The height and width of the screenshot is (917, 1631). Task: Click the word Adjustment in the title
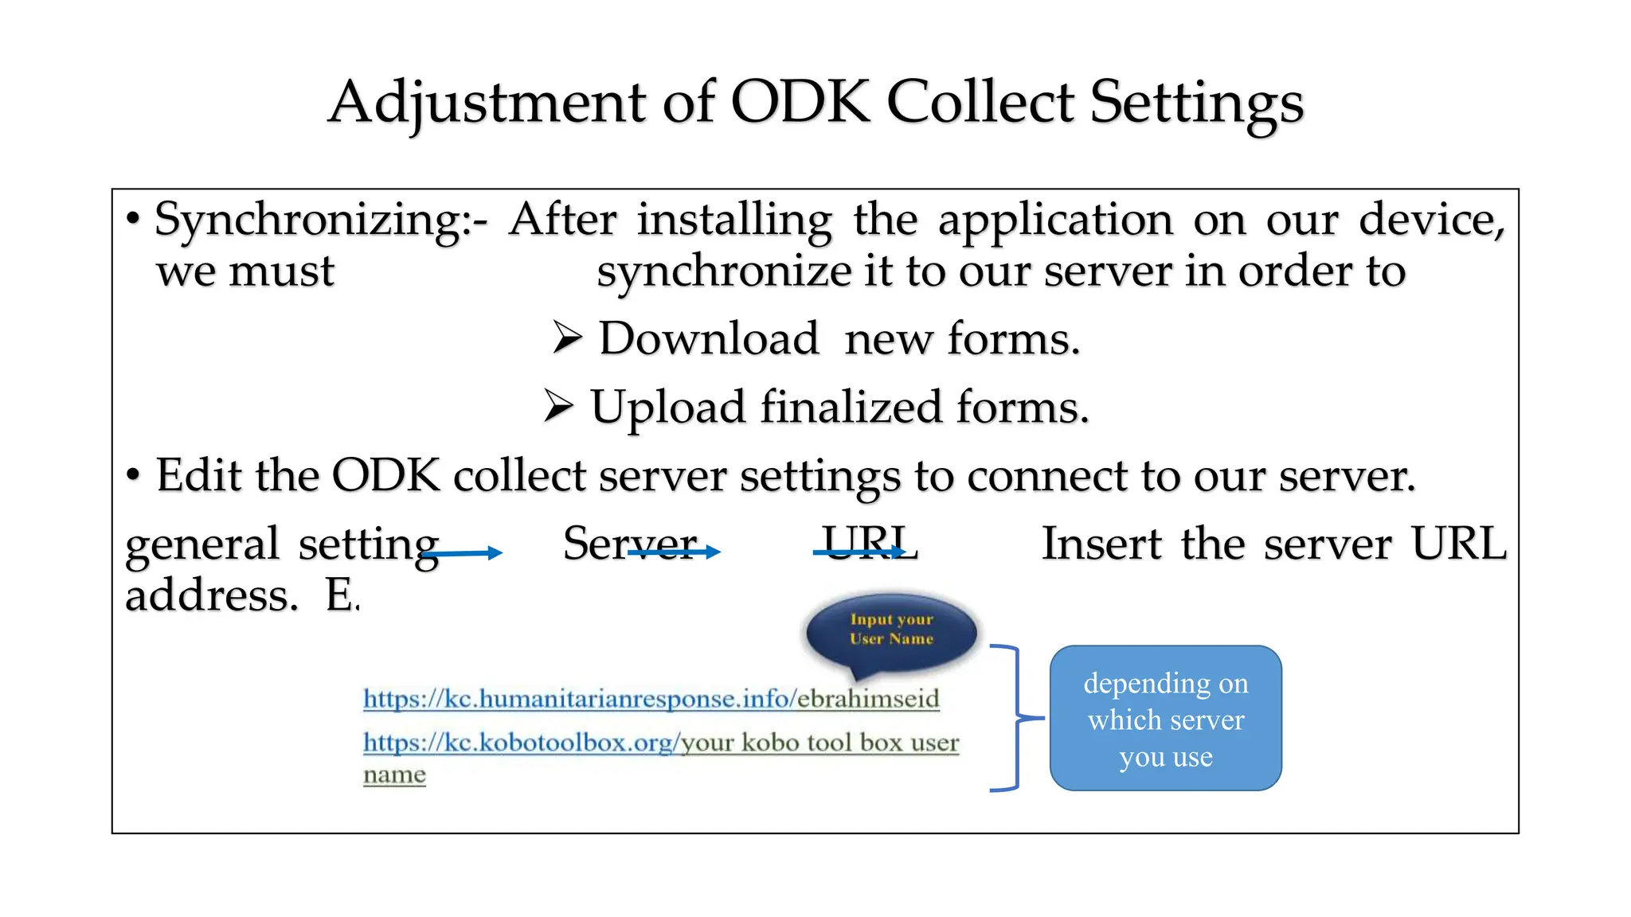(487, 103)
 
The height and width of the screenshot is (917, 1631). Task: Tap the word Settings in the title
(1196, 103)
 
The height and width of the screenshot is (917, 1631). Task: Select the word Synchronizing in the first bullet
(307, 220)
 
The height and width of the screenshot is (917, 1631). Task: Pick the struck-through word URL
(870, 544)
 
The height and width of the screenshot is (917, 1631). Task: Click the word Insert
(1102, 544)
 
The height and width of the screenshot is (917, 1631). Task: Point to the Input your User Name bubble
(891, 630)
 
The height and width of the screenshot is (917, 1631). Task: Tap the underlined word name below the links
(394, 775)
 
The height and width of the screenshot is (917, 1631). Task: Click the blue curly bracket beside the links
(1011, 718)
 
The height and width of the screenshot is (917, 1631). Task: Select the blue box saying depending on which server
(1165, 718)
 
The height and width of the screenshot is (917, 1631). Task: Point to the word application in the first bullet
(1055, 220)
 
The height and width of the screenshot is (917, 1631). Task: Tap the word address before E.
(211, 595)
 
